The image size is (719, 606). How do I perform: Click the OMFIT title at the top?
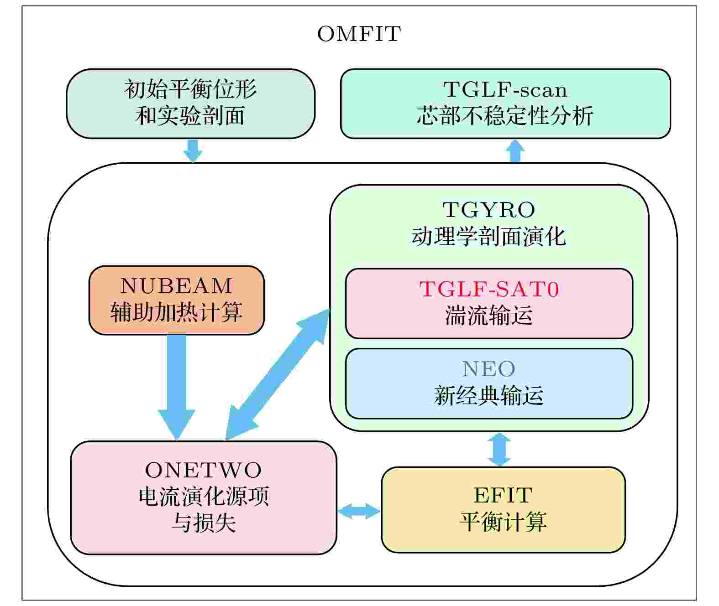click(x=359, y=34)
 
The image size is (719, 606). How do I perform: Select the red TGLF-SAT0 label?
click(x=489, y=289)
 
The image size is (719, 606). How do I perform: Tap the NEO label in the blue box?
click(x=488, y=369)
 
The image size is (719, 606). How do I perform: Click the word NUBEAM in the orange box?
click(x=176, y=286)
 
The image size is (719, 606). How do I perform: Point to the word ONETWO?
click(x=204, y=470)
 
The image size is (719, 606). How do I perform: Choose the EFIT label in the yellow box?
click(x=503, y=495)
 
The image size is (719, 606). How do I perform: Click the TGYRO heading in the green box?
click(x=488, y=209)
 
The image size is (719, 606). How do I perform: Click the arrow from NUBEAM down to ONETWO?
click(x=177, y=387)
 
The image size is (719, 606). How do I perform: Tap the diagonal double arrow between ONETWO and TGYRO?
click(x=278, y=374)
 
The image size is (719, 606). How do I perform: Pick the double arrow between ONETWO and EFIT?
click(x=359, y=511)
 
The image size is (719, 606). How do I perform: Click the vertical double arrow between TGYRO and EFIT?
click(x=499, y=449)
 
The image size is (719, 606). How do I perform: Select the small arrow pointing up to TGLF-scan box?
click(x=515, y=150)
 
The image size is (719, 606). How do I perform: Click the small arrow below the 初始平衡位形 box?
click(x=193, y=150)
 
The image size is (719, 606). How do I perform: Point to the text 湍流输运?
click(x=489, y=315)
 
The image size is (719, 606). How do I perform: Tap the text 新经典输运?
click(x=488, y=395)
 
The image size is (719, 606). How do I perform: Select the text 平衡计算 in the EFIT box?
click(x=503, y=522)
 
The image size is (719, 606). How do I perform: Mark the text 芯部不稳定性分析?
click(x=505, y=115)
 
